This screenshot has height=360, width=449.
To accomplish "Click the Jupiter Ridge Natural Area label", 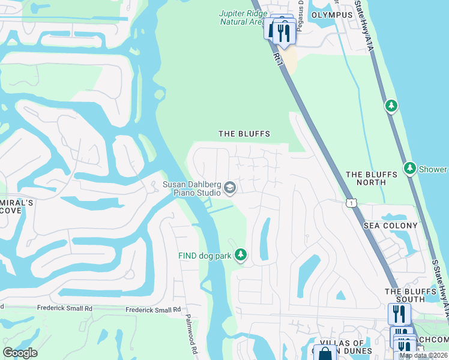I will [x=242, y=17].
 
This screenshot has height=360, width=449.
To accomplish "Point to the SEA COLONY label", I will [x=390, y=225].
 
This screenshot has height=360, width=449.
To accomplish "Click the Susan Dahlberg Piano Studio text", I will [x=192, y=188].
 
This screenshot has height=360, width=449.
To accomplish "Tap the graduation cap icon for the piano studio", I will [x=229, y=189].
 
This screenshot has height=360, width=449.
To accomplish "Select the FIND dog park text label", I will [x=205, y=256].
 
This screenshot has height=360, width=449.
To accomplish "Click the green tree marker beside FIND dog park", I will [x=240, y=255].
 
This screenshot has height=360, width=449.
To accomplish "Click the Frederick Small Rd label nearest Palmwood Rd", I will [x=153, y=310].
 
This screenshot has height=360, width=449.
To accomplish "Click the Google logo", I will [x=20, y=353].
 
